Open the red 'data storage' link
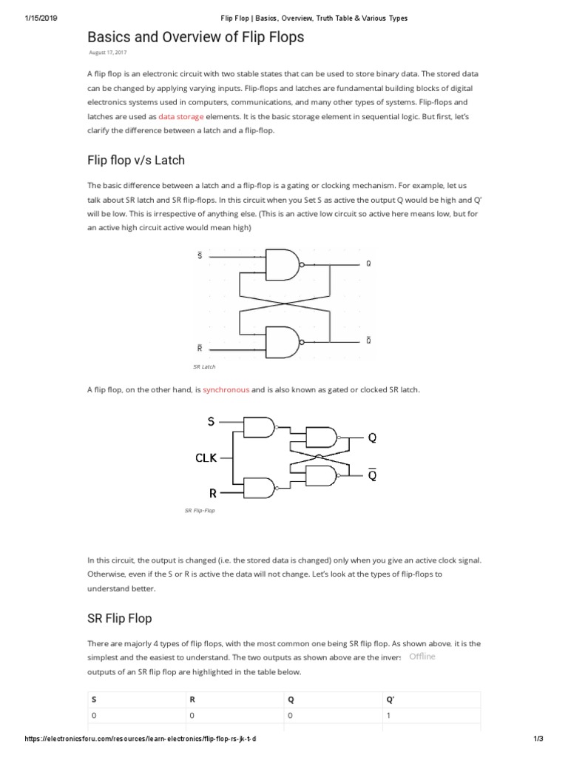(182, 116)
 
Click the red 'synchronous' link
(226, 389)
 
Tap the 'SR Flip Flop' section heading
(119, 617)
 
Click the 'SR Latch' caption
(203, 366)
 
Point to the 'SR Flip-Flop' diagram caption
(199, 510)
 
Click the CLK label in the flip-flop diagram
(206, 457)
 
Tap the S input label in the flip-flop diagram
(211, 422)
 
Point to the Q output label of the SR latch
(368, 264)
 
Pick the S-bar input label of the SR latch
(199, 256)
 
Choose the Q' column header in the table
(390, 699)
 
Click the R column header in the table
(192, 699)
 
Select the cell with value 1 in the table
(388, 716)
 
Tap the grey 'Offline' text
(422, 657)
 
